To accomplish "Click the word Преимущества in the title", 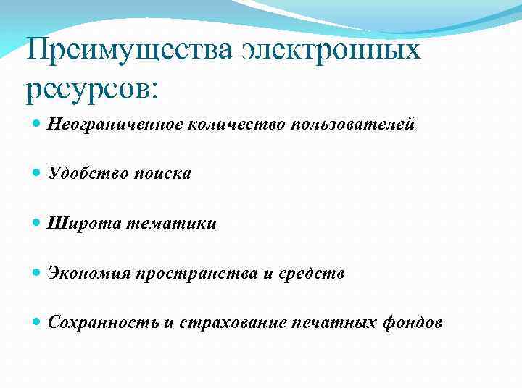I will coord(129,51).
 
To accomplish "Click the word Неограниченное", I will coord(115,125).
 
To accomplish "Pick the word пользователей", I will coord(353,125).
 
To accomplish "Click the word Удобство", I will coord(88,174).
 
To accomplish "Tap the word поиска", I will coord(162,174).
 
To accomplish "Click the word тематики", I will coord(171,224).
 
